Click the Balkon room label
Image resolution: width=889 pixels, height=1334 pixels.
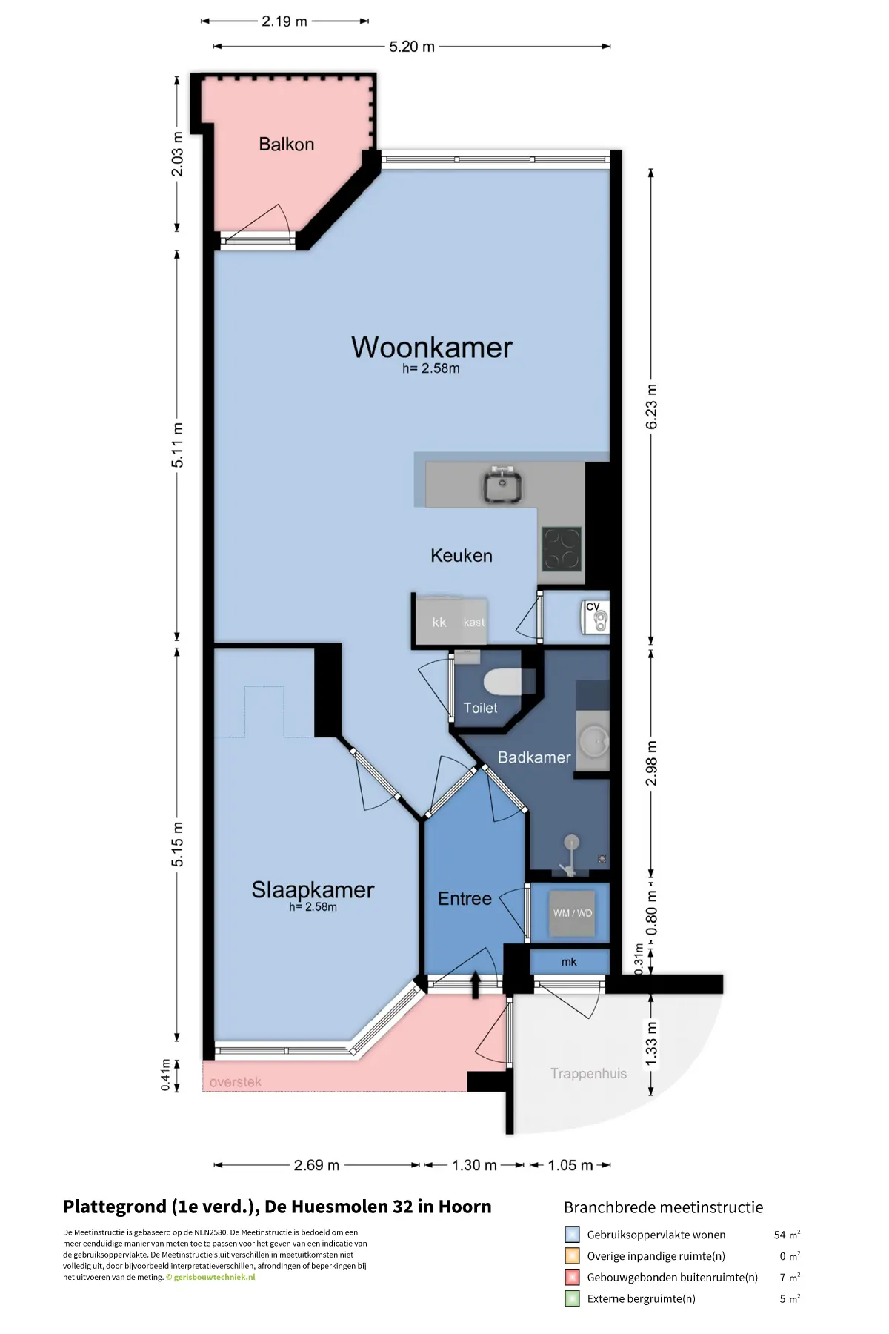pos(286,144)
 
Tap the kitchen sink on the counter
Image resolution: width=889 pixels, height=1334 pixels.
pos(504,485)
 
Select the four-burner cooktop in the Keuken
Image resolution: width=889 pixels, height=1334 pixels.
pos(562,549)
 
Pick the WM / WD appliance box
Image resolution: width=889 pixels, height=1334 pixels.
pos(573,913)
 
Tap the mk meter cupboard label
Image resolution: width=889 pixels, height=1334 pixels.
pos(569,962)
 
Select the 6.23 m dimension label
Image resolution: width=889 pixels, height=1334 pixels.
pos(651,407)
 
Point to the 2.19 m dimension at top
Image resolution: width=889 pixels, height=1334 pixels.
pos(284,21)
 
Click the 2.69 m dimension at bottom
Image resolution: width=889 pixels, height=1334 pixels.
pos(316,1165)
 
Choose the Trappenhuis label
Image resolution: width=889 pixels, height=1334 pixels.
pos(588,1074)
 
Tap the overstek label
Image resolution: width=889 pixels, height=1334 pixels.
pos(236,1082)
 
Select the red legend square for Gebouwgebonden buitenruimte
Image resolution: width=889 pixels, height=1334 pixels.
pos(572,1277)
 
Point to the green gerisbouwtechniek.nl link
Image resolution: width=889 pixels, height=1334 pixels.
pos(215,1277)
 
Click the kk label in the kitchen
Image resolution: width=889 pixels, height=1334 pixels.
pos(439,623)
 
